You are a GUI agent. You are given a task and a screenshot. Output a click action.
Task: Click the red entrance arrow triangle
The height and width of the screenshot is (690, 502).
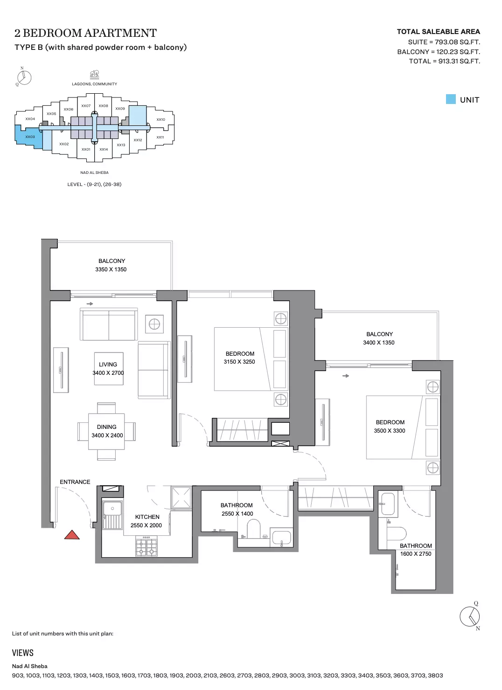pyautogui.click(x=72, y=535)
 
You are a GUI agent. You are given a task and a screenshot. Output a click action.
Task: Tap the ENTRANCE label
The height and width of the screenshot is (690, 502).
pyautogui.click(x=75, y=482)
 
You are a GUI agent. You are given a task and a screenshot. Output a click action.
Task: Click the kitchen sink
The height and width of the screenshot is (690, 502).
pyautogui.click(x=112, y=515)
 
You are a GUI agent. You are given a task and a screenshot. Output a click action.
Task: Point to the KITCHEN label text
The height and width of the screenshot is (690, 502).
pyautogui.click(x=147, y=517)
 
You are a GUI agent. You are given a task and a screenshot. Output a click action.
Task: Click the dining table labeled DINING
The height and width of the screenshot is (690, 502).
pyautogui.click(x=106, y=432)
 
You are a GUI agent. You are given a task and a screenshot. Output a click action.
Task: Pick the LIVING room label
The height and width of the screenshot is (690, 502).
pyautogui.click(x=108, y=365)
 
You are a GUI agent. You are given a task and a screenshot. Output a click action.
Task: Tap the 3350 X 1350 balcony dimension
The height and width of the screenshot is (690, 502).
pyautogui.click(x=111, y=269)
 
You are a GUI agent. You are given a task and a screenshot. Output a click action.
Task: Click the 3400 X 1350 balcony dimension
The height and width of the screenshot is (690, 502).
pyautogui.click(x=379, y=343)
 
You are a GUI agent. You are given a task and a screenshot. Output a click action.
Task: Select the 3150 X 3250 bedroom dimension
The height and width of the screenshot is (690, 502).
pyautogui.click(x=239, y=362)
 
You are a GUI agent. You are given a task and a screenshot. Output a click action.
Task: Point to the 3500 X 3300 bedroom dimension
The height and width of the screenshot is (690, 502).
pyautogui.click(x=390, y=431)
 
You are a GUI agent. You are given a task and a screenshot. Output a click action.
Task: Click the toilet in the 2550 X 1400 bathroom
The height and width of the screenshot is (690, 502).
pyautogui.click(x=254, y=529)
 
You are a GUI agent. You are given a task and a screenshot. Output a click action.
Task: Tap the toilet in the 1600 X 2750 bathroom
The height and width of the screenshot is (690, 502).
pyautogui.click(x=397, y=533)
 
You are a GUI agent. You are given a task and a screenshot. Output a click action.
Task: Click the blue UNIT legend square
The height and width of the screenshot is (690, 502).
pyautogui.click(x=451, y=99)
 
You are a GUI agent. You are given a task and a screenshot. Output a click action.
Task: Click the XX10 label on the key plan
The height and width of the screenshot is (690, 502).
pyautogui.click(x=160, y=119)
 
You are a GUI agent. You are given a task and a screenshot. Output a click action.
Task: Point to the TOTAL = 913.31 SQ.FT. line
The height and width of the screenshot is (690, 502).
pyautogui.click(x=444, y=61)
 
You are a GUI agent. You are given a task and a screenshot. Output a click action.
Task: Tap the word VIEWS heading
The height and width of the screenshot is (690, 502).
pyautogui.click(x=23, y=653)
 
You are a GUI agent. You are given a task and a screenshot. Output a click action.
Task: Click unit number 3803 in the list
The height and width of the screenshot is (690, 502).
pyautogui.click(x=435, y=676)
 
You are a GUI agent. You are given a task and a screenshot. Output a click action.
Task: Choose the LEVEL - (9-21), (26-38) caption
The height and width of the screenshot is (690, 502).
pyautogui.click(x=94, y=184)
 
